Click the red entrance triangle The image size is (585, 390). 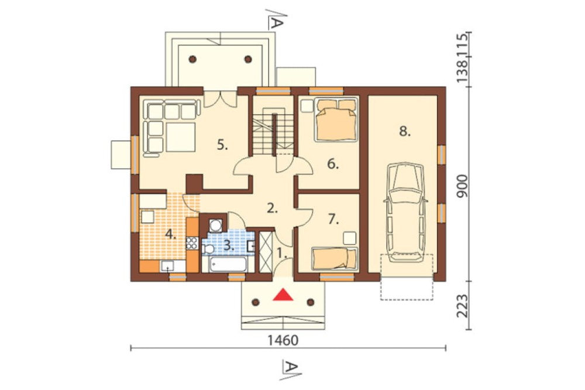pos(283,295)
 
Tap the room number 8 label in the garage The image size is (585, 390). pos(405,132)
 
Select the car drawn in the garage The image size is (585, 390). pos(405,212)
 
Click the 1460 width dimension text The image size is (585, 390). pos(283,341)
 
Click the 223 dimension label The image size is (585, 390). pos(462,306)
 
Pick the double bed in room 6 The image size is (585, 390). pos(335,119)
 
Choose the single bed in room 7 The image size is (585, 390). pos(335,258)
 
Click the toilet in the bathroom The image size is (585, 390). pos(208,249)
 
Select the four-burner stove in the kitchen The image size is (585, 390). pos(192,244)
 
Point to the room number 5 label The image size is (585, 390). pos(222,145)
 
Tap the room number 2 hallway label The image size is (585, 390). pos(273,208)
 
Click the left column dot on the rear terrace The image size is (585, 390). pos(192,59)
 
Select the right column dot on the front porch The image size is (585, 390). pos(311,302)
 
